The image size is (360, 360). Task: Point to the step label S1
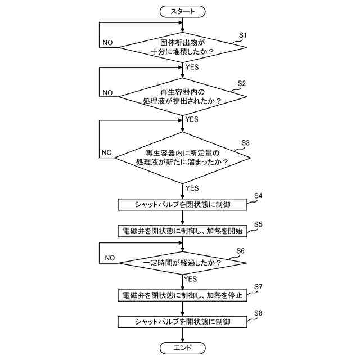click(x=243, y=35)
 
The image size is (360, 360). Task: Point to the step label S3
click(x=245, y=143)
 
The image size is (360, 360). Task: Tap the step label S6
click(x=240, y=251)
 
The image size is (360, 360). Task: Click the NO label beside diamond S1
click(x=107, y=43)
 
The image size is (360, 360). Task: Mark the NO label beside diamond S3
click(x=107, y=153)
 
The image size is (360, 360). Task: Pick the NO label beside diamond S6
click(x=110, y=258)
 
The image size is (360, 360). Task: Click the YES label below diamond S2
click(x=192, y=120)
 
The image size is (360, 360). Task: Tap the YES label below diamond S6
click(x=190, y=278)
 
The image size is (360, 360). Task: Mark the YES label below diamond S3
click(x=192, y=188)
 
